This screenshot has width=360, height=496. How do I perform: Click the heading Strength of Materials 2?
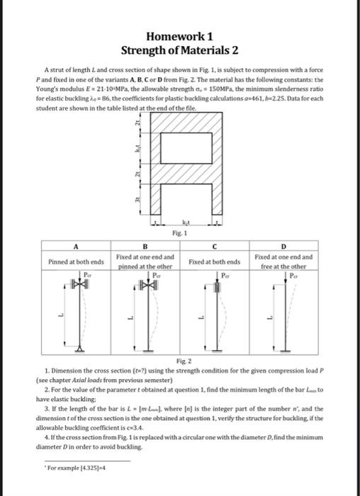point(180,50)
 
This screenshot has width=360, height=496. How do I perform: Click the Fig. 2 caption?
point(182,361)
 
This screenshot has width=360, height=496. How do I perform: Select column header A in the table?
point(76,247)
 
